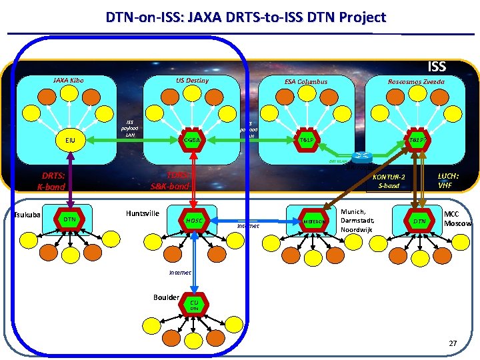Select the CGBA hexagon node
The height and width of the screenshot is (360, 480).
point(193,140)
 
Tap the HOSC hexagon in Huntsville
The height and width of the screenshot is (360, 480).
point(193,220)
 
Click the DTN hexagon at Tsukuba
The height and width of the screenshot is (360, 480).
point(69,219)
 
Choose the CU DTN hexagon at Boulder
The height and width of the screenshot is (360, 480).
point(193,305)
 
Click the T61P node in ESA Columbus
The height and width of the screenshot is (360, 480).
point(306,140)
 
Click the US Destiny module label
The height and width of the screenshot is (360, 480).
point(192,81)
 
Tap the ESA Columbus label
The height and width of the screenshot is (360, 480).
point(306,82)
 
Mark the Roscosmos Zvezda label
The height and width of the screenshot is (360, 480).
point(417,82)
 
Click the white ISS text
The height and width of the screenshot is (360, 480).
point(437,67)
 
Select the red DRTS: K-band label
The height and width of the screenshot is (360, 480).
point(51,181)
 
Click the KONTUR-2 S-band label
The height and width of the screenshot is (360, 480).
point(389,181)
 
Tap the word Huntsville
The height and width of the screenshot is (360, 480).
point(142,213)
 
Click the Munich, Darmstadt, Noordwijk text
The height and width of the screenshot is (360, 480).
point(359,219)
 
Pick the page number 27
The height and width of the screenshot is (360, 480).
point(453,344)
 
